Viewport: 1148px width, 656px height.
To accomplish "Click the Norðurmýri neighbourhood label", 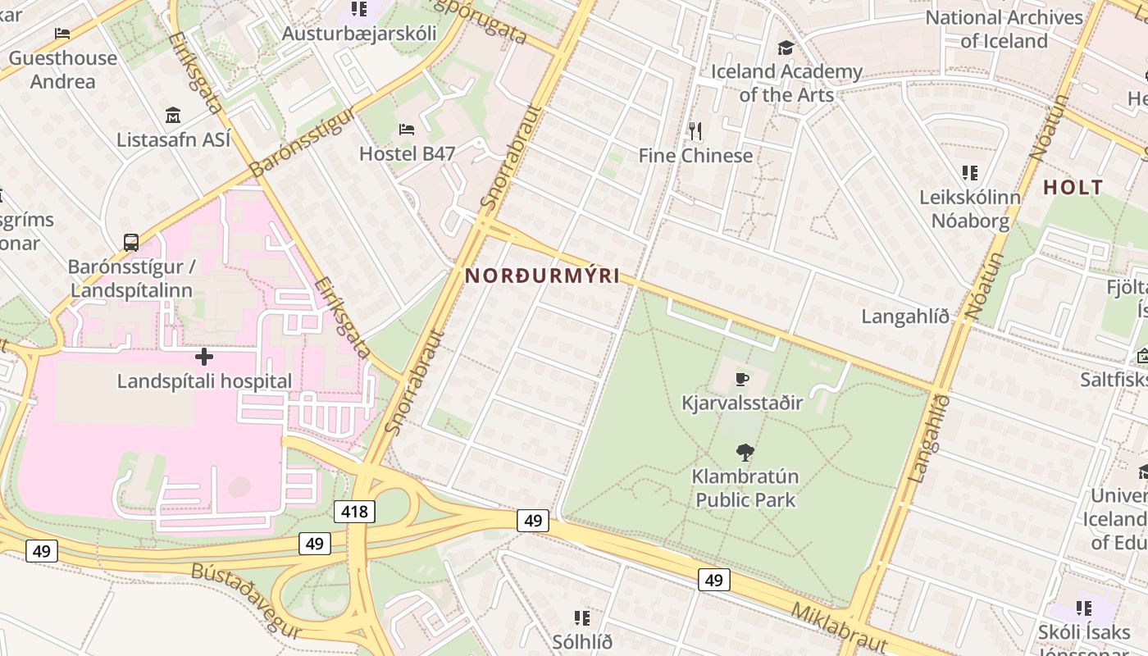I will tap(542, 276).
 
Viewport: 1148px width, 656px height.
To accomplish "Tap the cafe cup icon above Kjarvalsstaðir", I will tap(742, 379).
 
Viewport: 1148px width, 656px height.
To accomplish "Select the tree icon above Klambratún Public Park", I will tap(745, 452).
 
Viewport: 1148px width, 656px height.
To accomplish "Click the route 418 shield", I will tap(354, 512).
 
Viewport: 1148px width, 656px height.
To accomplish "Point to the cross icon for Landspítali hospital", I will tap(204, 357).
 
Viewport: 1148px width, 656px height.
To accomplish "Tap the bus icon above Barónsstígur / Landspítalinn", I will tap(131, 243).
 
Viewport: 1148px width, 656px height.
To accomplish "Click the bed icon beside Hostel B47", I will tap(406, 129).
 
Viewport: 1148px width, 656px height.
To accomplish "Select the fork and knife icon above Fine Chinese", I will tap(695, 130).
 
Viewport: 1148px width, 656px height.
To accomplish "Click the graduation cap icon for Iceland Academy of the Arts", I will tap(786, 48).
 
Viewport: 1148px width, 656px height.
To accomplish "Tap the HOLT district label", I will tap(1073, 188).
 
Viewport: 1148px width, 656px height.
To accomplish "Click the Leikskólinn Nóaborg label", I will tap(970, 209).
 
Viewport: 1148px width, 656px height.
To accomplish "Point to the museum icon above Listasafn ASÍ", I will tap(172, 115).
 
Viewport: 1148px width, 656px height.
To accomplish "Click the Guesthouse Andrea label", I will tap(63, 70).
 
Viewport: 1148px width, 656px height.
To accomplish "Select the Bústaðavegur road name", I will tap(246, 600).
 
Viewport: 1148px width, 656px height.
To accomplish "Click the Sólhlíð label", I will tap(582, 641).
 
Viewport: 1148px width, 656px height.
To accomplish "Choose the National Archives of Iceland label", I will tap(1004, 29).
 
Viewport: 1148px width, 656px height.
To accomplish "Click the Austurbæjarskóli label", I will tap(359, 34).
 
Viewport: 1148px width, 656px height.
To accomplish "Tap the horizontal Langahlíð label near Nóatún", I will tap(904, 317).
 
